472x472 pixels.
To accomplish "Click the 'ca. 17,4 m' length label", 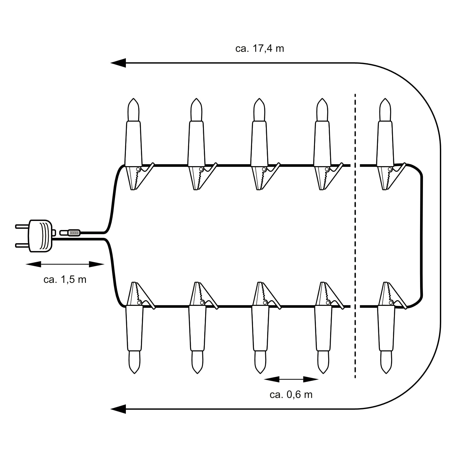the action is tap(260, 49).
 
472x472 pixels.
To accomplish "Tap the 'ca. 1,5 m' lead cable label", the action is tap(65, 279).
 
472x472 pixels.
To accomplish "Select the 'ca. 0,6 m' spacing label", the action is tap(291, 395).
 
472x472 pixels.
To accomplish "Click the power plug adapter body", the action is tap(41, 236).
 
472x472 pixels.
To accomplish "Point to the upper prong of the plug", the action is tap(22, 226).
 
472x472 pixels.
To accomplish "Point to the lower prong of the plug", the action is tap(22, 245).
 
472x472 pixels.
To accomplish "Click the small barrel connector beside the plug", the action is tap(70, 233).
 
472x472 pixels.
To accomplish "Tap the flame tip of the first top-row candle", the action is tap(133, 100).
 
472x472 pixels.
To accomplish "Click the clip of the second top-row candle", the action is tap(202, 177).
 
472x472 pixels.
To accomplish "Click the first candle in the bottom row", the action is tap(135, 327).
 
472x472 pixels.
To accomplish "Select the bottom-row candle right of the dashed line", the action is tap(387, 327).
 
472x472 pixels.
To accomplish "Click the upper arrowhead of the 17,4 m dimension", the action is tap(118, 63).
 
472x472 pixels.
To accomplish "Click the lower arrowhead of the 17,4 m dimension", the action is tap(118, 409).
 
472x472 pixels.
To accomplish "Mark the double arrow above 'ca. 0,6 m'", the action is tap(291, 379).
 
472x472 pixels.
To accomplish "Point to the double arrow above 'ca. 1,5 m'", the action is tap(65, 264).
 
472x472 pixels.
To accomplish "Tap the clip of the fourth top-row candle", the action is tap(328, 177).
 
